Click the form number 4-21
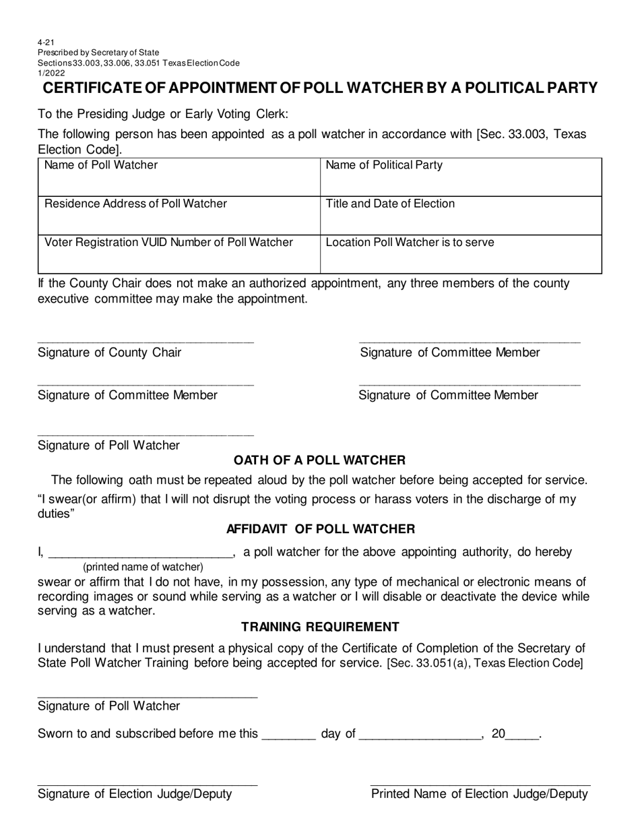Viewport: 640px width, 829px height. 46,42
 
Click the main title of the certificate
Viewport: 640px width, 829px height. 320,88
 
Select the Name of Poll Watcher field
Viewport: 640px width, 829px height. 178,177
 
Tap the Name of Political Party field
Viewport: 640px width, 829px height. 460,177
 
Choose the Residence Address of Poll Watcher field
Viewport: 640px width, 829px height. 178,216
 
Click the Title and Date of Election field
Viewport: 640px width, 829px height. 460,216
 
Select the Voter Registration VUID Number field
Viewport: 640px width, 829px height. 178,254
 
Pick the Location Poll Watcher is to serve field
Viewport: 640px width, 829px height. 460,254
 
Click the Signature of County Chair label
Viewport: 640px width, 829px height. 109,352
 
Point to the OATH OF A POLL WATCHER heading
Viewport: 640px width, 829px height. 319,460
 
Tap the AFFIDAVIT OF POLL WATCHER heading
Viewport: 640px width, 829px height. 321,529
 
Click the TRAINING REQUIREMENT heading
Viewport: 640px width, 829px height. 320,627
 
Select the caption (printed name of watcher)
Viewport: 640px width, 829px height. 143,567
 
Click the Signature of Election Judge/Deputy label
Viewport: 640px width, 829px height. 135,794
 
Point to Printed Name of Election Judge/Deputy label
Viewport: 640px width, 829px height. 480,794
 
